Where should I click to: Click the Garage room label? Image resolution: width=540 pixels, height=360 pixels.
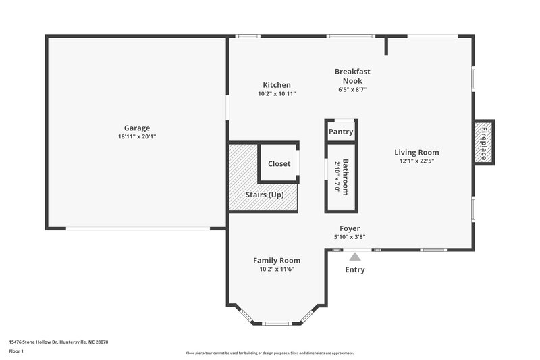136,128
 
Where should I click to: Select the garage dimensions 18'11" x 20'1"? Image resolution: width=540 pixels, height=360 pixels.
136,136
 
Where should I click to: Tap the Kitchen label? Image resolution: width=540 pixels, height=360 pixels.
277,85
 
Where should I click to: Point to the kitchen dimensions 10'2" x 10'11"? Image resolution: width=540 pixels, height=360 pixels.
277,94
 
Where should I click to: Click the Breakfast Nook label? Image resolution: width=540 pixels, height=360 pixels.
352,76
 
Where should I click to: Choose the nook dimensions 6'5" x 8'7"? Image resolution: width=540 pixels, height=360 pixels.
352,89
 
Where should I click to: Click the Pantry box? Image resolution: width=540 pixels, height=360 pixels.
341,132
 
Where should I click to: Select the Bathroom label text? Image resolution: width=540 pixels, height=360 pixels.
346,177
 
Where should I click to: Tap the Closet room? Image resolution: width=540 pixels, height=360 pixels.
279,163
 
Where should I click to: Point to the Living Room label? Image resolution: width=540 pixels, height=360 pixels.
416,152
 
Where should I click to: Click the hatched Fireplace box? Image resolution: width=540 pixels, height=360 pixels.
483,142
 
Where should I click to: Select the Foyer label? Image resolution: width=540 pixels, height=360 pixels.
350,228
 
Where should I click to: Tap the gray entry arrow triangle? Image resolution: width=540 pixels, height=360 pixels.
355,256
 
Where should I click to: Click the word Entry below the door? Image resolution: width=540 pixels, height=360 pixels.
355,269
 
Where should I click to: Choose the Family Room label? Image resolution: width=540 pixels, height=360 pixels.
277,260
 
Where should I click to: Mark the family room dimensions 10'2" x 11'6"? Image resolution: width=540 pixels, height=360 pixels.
277,269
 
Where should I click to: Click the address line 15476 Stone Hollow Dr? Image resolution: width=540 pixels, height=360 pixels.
58,342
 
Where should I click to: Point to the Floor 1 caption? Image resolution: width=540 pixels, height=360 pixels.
16,351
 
